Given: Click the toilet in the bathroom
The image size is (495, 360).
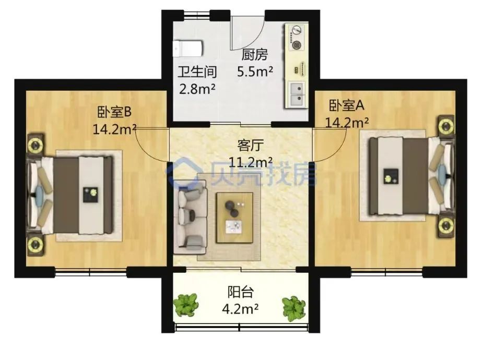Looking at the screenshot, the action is pos(187,49).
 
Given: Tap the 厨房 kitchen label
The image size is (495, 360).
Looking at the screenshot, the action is pos(254,55).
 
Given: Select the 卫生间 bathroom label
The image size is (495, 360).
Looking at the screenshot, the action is pos(197,72).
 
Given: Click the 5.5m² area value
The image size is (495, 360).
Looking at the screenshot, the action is pos(255,71).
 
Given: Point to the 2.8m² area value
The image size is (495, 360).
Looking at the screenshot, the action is pos(197,89).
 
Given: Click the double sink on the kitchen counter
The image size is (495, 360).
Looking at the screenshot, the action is pos(297,93).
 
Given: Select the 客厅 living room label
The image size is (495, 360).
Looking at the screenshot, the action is pos(250,146).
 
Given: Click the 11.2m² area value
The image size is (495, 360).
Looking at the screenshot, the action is pos(250,162).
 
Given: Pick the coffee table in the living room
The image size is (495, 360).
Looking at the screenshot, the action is pos(234,218).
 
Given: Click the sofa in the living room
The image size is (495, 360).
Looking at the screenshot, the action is pos(190,217).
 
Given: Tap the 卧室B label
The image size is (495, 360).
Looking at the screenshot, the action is pos(114,112).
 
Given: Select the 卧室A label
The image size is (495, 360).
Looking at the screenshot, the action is pos(347,105).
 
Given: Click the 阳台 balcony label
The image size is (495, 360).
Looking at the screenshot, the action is pos(241,292).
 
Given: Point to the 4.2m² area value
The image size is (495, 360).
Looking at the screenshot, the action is pos(240,309).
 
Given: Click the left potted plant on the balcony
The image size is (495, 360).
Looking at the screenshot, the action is pos(186,305).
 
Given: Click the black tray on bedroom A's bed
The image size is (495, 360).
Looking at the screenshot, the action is pos(391,176).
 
